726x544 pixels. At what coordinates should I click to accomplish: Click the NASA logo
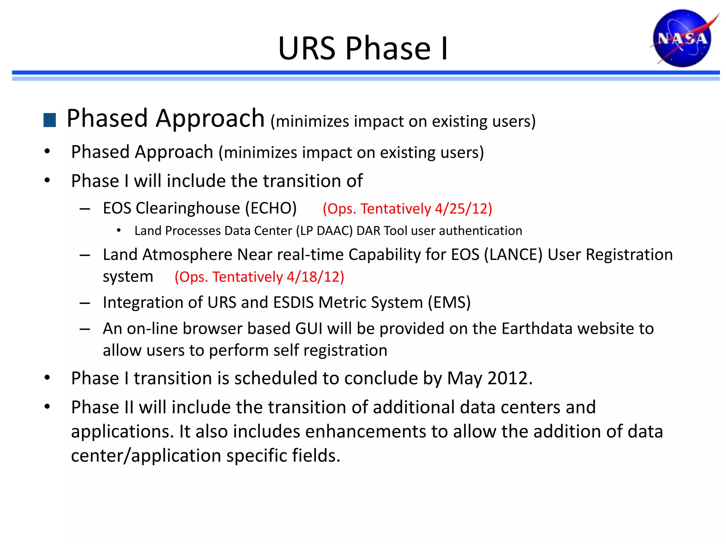point(682,38)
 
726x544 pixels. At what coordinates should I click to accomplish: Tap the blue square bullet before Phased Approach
point(50,120)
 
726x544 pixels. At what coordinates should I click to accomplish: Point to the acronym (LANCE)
point(513,255)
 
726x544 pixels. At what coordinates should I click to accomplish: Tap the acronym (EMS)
point(449,302)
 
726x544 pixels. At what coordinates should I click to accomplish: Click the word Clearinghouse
point(188,208)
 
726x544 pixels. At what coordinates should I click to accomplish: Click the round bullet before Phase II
point(47,407)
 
